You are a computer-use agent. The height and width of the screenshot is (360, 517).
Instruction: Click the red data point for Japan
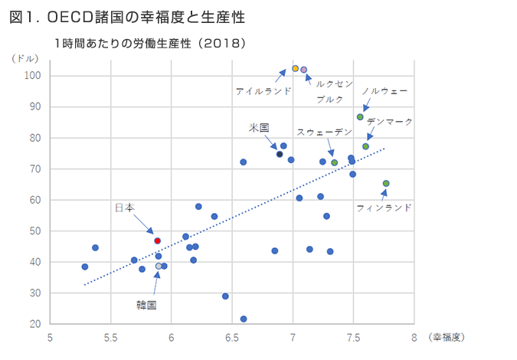[158, 241]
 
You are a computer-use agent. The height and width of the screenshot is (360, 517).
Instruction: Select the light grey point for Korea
[159, 266]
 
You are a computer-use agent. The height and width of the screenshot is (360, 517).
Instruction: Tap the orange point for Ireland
[295, 68]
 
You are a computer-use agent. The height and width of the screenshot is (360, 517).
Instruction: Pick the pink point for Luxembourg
[304, 70]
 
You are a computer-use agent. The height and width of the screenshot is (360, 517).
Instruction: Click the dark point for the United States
[280, 154]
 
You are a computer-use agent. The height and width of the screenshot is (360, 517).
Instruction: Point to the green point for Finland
[386, 183]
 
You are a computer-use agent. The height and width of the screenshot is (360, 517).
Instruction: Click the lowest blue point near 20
[244, 319]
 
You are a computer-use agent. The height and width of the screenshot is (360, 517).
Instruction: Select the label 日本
[125, 208]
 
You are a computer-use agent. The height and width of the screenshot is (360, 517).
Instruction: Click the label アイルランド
[263, 90]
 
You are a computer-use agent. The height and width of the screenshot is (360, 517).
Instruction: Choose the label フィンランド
[384, 208]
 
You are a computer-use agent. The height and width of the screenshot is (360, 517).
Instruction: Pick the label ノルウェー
[384, 90]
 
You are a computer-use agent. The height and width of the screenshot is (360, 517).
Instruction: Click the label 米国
[259, 128]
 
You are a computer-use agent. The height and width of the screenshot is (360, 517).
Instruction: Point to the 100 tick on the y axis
[33, 75]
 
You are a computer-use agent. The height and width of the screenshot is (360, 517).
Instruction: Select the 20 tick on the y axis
[36, 324]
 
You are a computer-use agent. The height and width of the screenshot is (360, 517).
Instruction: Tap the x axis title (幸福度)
[447, 337]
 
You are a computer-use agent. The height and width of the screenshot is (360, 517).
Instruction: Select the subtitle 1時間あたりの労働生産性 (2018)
[150, 41]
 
